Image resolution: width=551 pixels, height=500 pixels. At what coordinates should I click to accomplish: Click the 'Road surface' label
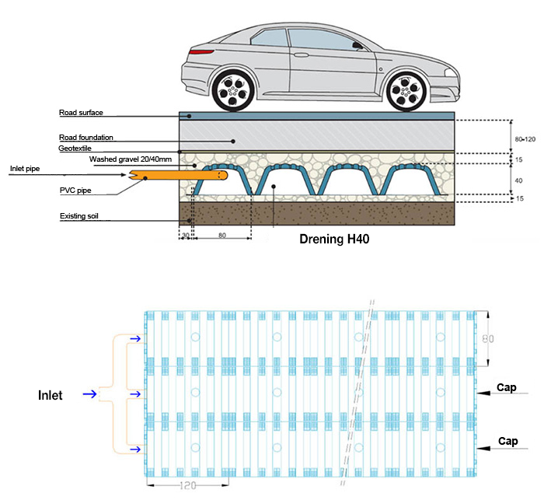point(81,114)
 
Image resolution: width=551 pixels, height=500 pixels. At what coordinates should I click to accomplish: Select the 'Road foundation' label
point(86,138)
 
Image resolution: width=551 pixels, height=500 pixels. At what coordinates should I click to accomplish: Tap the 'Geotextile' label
point(75,149)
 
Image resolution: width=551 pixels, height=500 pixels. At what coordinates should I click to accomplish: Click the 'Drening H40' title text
point(333,240)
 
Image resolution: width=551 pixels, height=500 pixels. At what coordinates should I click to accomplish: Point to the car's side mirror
point(357,45)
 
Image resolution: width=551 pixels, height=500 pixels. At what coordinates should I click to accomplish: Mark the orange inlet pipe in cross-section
point(171,177)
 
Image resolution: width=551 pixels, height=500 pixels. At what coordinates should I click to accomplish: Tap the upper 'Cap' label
point(507,388)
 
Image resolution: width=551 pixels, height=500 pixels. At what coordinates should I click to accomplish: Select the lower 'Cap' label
point(507,441)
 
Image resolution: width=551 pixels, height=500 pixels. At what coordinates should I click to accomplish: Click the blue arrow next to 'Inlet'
point(89,395)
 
